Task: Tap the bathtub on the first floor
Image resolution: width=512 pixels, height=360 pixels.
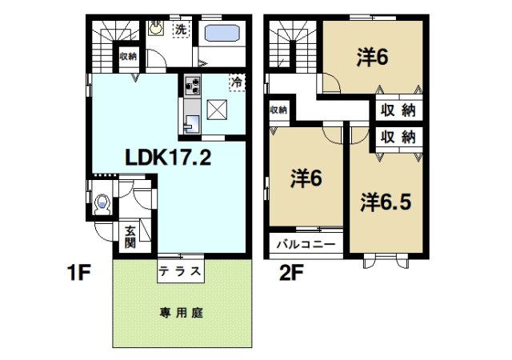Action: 224,36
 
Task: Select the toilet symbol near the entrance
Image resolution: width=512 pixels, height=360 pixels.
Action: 102,204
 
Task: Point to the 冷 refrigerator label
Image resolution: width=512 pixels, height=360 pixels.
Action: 238,82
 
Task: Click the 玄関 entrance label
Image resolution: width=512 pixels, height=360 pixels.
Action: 130,238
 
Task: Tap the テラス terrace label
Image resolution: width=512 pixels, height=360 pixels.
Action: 180,270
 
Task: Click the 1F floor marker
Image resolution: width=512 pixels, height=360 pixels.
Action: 78,273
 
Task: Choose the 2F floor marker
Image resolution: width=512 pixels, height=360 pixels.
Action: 290,273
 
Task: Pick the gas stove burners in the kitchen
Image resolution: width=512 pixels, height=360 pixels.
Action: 193,83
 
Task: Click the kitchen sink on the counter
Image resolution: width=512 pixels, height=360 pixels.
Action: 191,123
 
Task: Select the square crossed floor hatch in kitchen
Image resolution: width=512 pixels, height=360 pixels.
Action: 218,110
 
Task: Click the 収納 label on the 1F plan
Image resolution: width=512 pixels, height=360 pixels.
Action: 128,56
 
